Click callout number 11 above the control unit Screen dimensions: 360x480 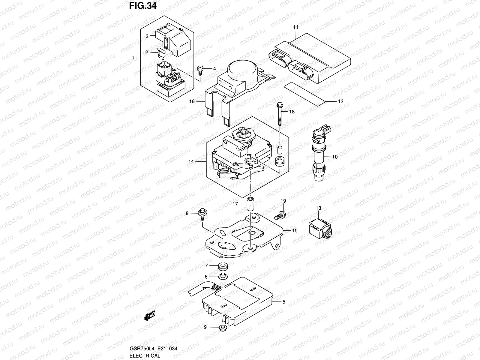point(295,27)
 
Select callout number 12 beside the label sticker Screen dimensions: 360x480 point(340,101)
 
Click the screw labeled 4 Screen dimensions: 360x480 point(200,70)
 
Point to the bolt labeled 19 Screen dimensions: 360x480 point(280,214)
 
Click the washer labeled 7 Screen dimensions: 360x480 point(223,265)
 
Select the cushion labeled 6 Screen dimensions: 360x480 point(223,276)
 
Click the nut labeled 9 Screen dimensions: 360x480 point(222,327)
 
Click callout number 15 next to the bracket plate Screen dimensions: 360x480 point(295,230)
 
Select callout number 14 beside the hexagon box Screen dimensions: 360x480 point(191,161)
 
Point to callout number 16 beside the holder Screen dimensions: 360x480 point(192,101)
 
